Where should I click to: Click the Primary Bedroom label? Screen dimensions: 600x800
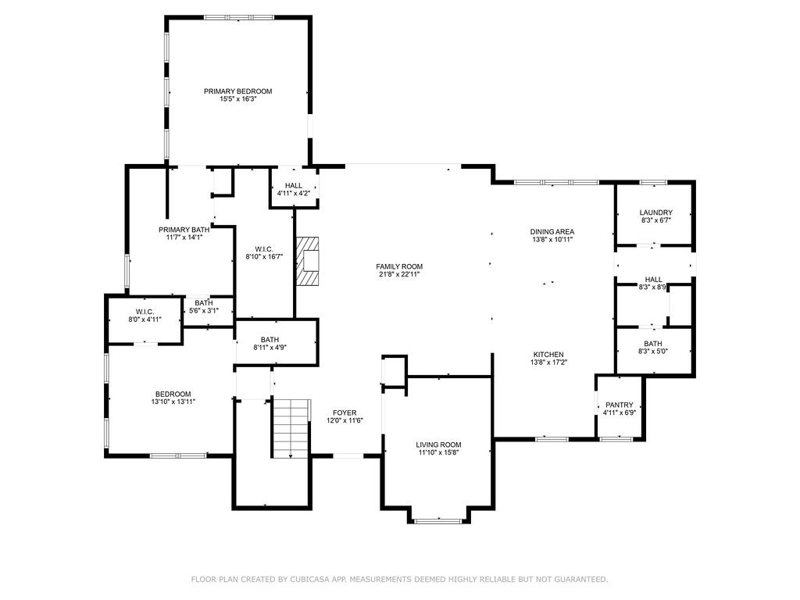(238, 91)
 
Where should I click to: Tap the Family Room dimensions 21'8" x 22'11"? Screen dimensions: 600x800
(399, 275)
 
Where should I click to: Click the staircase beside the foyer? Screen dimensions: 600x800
(291, 428)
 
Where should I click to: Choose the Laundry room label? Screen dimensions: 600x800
(655, 212)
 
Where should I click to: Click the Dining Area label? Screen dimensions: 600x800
(552, 231)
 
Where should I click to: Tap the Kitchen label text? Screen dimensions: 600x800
(548, 354)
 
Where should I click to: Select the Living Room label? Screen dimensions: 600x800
(438, 444)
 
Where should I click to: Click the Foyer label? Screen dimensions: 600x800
(345, 412)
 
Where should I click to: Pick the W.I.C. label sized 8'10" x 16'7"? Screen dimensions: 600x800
(264, 248)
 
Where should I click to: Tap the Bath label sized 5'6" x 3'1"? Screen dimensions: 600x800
(204, 302)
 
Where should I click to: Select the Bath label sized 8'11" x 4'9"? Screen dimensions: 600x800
(270, 339)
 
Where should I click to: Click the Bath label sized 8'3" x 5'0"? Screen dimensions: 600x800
(653, 344)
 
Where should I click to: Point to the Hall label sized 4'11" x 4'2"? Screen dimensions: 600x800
(294, 185)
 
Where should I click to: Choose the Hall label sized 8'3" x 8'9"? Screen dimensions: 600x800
(653, 280)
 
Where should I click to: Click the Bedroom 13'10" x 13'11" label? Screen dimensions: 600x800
(173, 394)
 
